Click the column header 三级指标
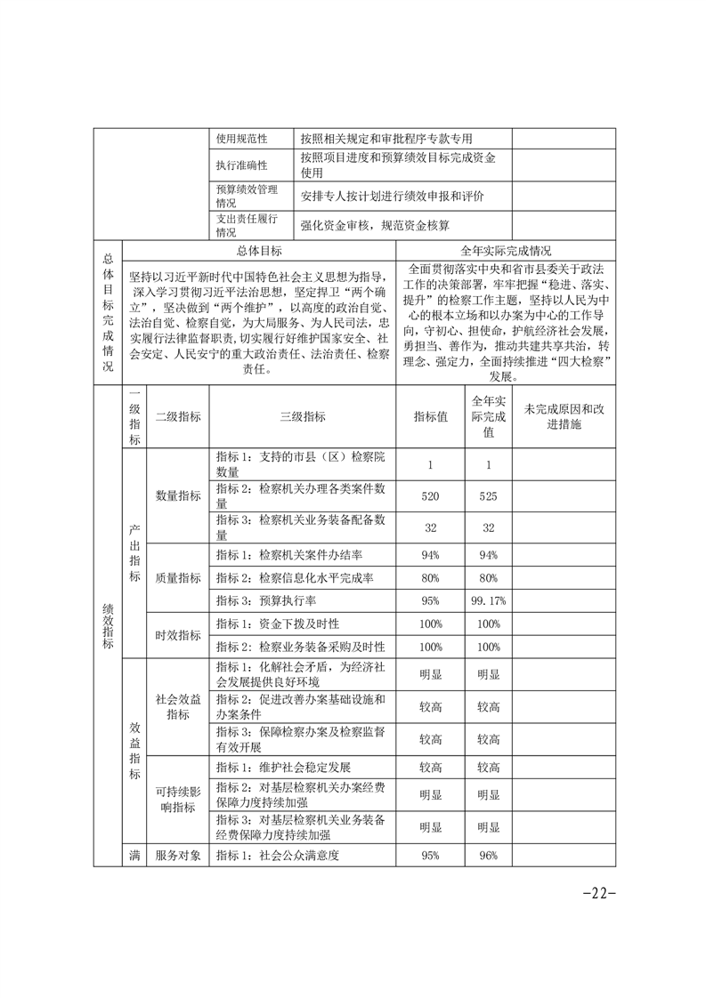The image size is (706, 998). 303,417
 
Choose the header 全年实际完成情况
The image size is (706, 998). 506,252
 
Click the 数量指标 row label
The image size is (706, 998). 178,495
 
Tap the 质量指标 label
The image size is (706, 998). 178,577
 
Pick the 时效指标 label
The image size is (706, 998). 178,635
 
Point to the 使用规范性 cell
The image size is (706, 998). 241,139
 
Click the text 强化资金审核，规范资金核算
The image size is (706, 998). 375,225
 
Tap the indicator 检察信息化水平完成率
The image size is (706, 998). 295,577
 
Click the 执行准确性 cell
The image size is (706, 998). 241,165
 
